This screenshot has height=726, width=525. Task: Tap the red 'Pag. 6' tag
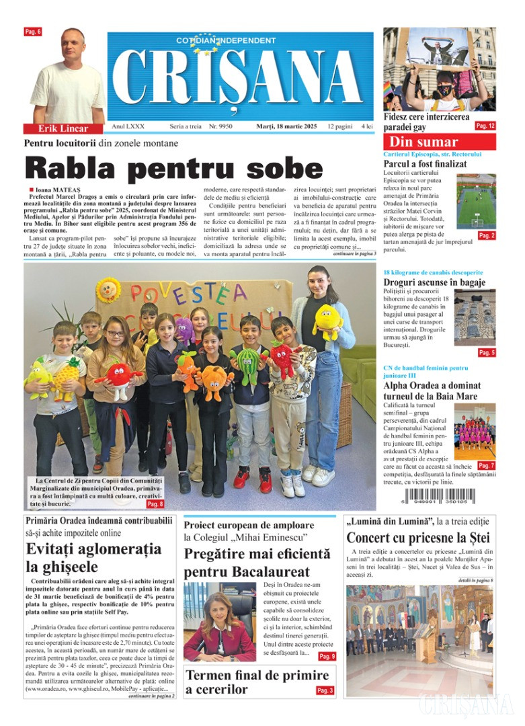33,32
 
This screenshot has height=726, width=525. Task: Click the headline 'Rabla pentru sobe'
173,167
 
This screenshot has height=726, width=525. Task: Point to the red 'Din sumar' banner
440,142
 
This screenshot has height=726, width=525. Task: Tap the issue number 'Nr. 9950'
220,126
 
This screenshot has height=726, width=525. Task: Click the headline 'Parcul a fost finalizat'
425,163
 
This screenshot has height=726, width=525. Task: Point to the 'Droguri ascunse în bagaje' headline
434,283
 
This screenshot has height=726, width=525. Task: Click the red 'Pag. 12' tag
485,126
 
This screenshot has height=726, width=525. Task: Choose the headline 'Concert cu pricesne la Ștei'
418,538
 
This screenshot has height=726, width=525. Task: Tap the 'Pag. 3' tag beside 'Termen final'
325,690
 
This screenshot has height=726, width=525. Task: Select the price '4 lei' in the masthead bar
368,126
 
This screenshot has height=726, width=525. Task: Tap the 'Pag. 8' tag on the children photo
155,503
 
